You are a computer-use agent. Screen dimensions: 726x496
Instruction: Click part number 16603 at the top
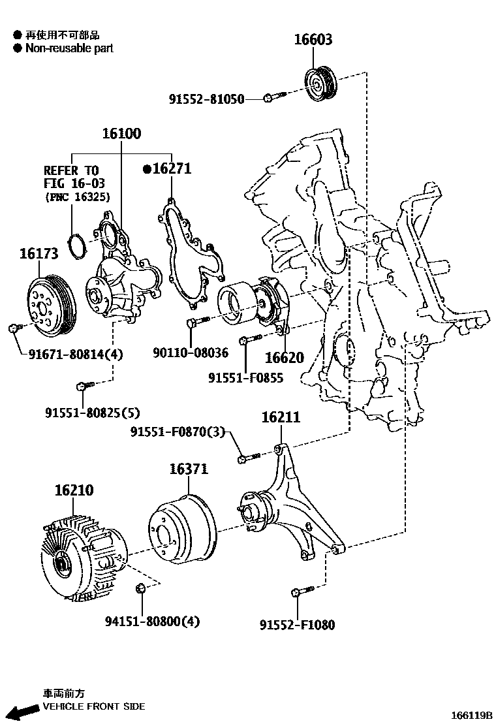313,40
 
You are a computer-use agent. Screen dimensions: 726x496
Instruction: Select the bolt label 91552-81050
206,99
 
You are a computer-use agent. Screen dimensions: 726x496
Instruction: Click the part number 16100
121,134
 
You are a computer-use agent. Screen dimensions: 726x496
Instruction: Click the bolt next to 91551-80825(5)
82,386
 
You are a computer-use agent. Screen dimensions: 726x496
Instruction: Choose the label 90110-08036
191,353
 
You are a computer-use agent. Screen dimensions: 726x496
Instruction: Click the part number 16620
284,358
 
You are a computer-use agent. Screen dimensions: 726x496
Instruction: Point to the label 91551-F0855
246,378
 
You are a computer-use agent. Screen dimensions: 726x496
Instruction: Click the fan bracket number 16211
281,417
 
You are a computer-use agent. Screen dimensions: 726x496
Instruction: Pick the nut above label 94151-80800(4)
140,590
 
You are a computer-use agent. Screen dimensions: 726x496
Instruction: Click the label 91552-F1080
297,625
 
